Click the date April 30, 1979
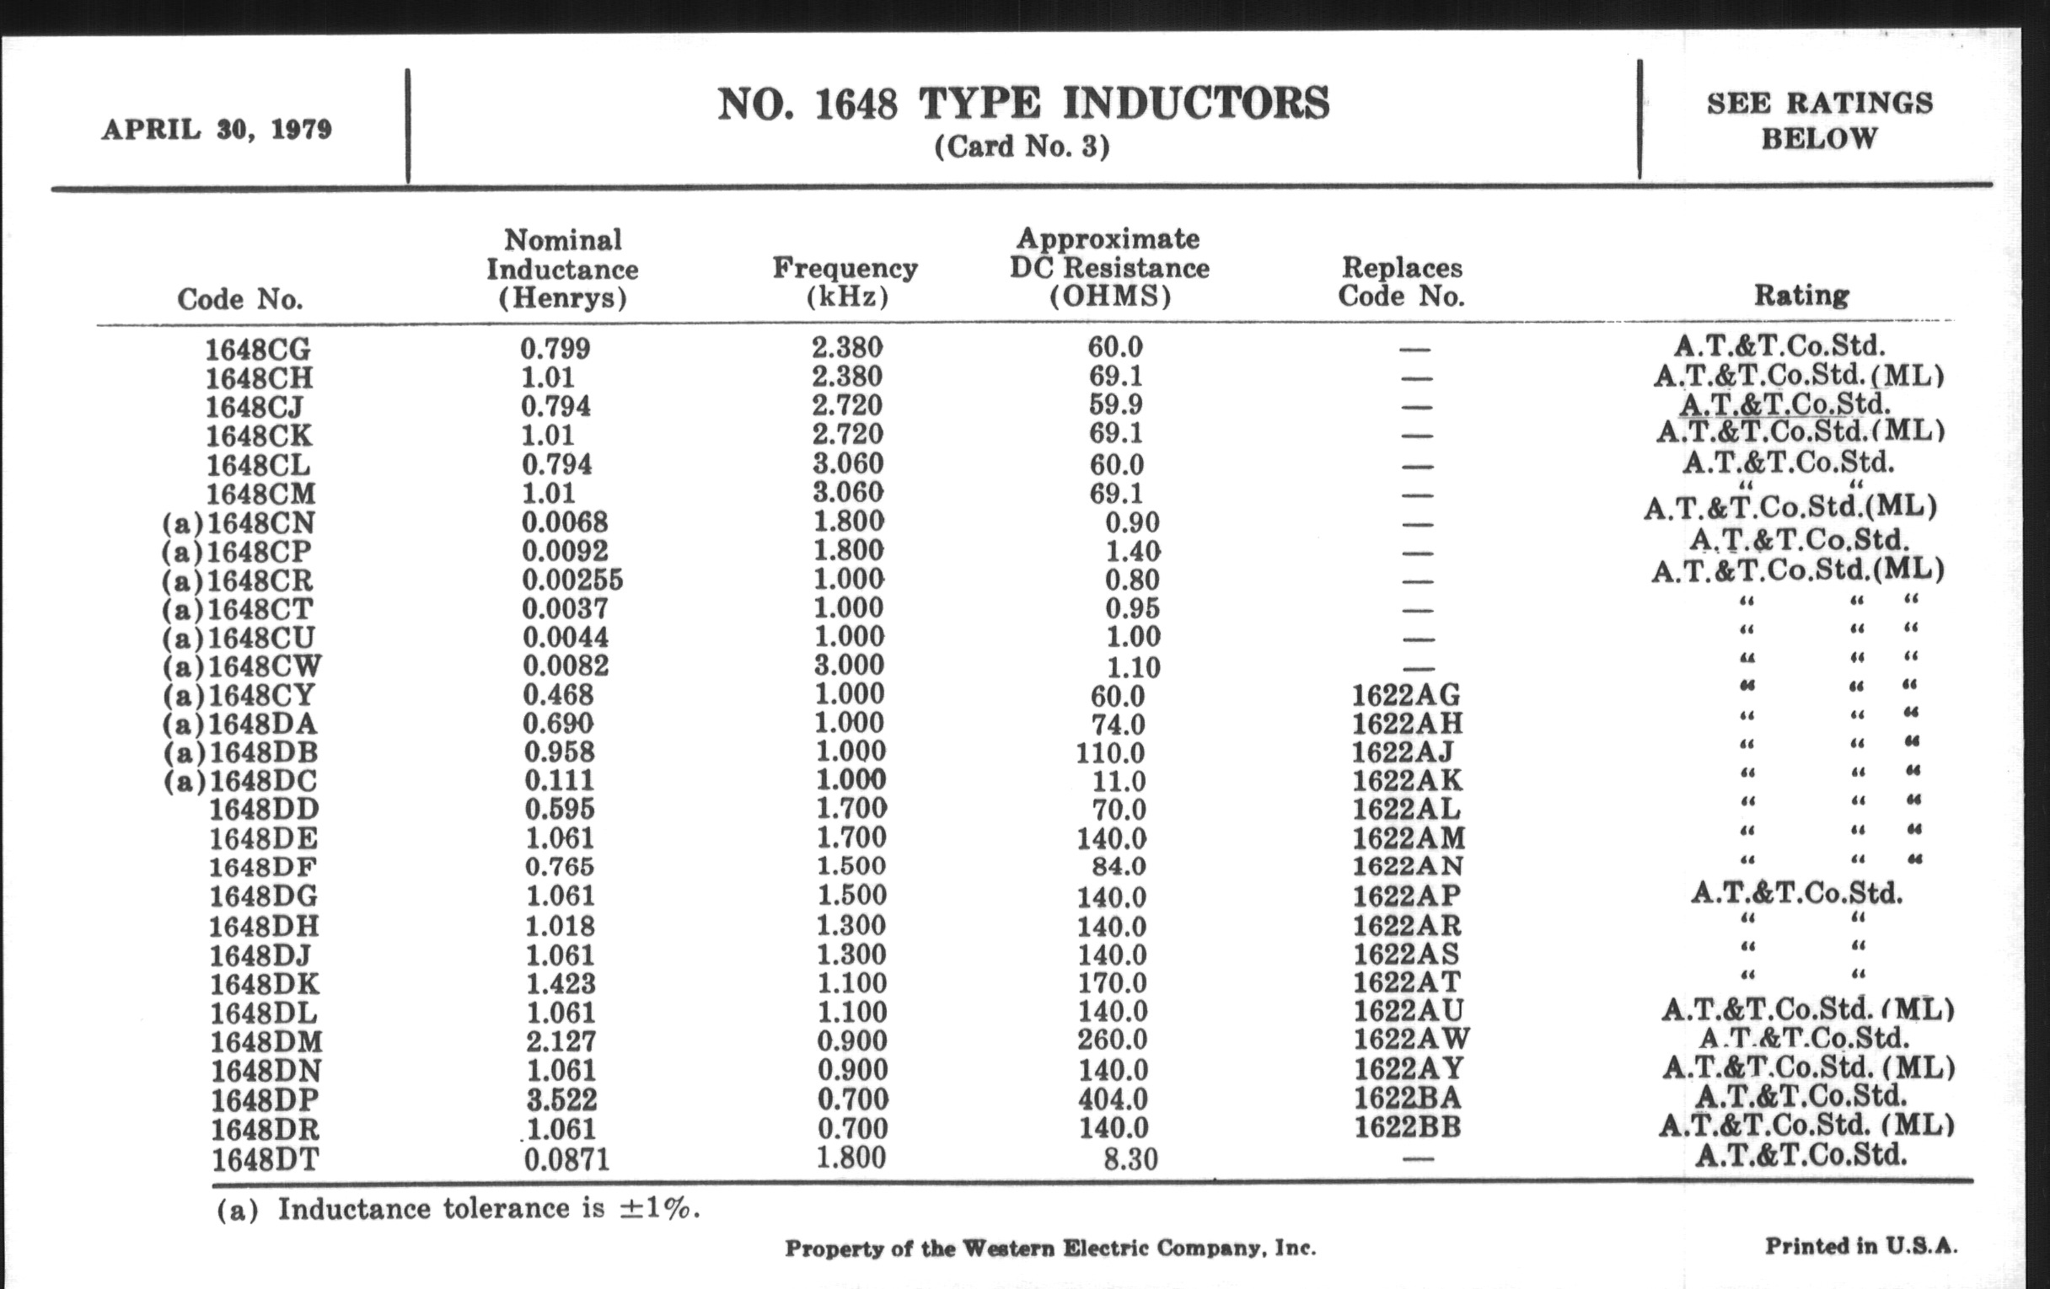217,131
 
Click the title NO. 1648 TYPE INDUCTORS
1022,104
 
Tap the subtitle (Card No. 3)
1022,147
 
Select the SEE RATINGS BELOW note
1819,120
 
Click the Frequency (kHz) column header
845,281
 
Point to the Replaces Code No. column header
1401,281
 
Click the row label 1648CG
258,349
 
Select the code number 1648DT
266,1158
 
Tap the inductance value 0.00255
572,580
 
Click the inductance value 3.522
561,1099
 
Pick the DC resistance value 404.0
1112,1099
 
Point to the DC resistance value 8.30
1130,1158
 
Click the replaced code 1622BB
1406,1127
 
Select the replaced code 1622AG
1405,695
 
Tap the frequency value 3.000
849,666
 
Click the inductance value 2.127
561,1040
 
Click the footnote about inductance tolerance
458,1209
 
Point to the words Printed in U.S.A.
1861,1247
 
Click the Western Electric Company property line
1049,1249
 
